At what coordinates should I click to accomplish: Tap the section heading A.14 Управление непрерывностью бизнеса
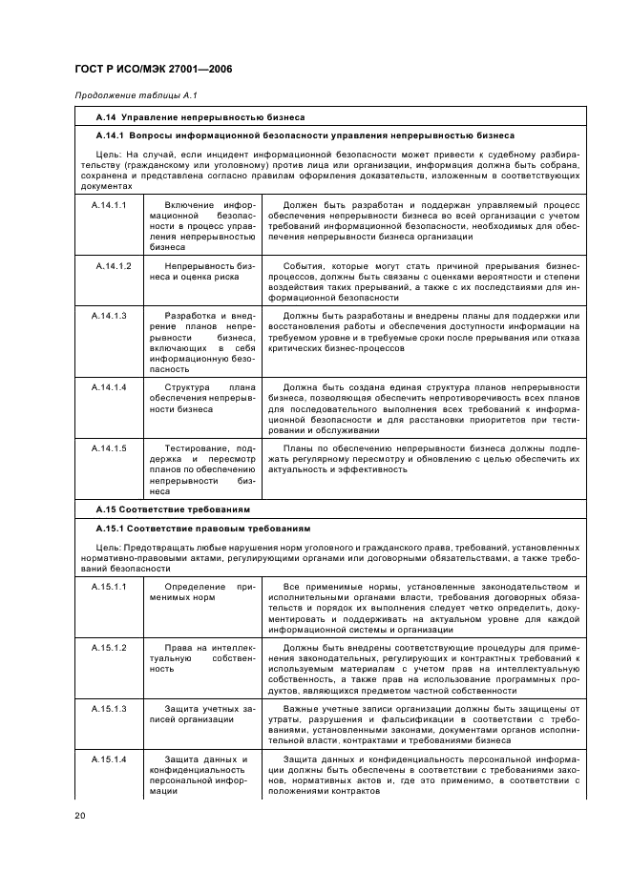coord(200,116)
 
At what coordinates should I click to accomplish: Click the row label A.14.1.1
coord(109,205)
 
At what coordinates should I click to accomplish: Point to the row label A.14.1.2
coord(113,264)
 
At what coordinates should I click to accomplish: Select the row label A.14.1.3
coord(109,315)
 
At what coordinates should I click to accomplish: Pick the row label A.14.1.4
coord(109,386)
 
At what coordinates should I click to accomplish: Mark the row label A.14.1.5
coord(109,447)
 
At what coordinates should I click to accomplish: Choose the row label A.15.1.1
coord(109,585)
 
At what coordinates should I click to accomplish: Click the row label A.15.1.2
coord(109,647)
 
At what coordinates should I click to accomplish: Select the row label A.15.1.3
coord(109,709)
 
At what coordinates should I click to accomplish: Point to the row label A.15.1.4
coord(109,759)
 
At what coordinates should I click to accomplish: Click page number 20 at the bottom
coord(80,816)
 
